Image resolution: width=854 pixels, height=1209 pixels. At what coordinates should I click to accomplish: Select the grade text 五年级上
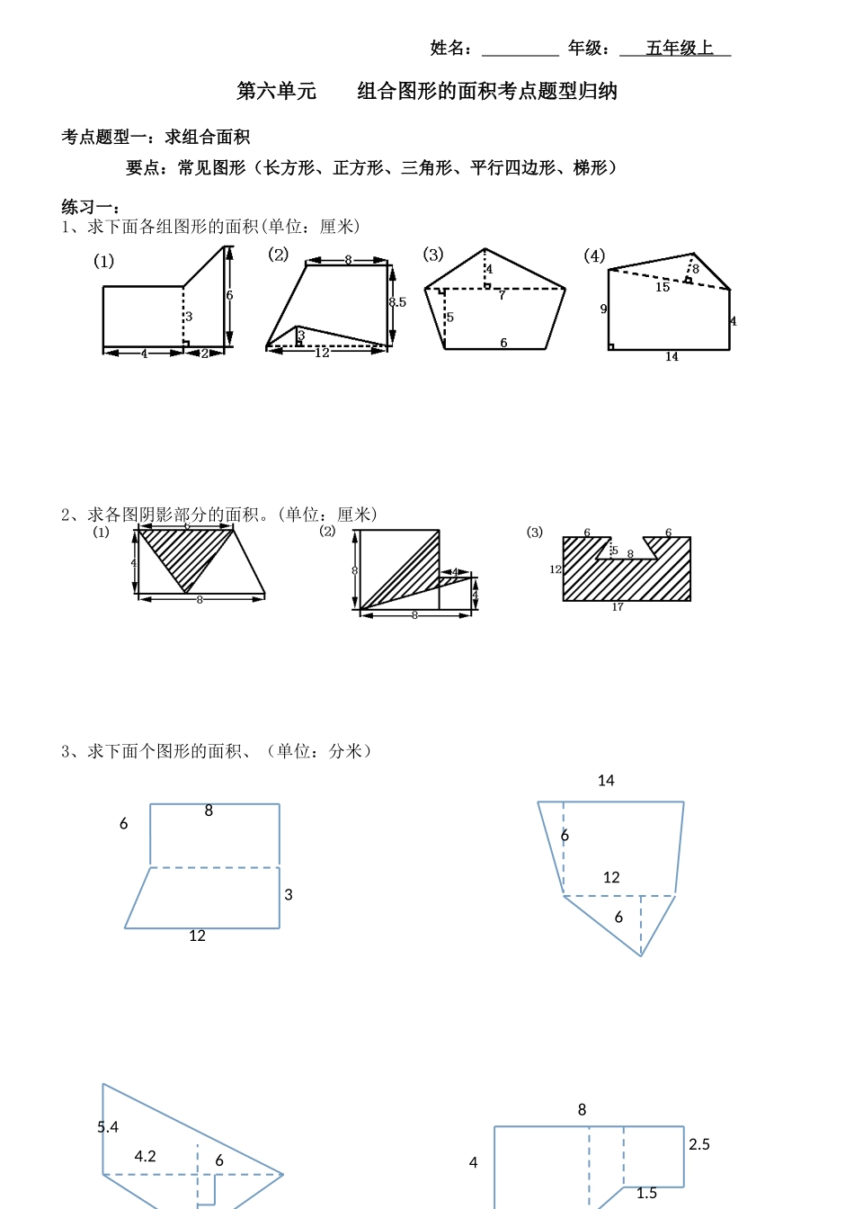pyautogui.click(x=679, y=49)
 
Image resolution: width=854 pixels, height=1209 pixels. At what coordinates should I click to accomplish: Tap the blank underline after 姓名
pyautogui.click(x=520, y=50)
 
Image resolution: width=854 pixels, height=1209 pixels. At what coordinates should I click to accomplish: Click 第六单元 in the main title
pyautogui.click(x=276, y=91)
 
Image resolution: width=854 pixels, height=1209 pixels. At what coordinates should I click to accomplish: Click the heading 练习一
pyautogui.click(x=88, y=207)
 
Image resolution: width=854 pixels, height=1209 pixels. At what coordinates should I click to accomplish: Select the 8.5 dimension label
pyautogui.click(x=397, y=302)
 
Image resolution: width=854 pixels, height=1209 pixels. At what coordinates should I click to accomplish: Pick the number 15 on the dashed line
pyautogui.click(x=663, y=287)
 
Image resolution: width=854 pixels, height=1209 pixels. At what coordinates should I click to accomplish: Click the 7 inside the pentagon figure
pyautogui.click(x=502, y=295)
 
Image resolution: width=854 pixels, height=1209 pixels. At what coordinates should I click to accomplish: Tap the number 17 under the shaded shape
pyautogui.click(x=618, y=607)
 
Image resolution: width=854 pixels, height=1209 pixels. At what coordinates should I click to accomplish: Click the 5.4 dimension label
pyautogui.click(x=108, y=1127)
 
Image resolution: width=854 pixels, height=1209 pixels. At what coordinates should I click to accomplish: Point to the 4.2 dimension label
pyautogui.click(x=145, y=1156)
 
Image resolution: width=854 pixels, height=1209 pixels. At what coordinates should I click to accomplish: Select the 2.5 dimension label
pyautogui.click(x=698, y=1144)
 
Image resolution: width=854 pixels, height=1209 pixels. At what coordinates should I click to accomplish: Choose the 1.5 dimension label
pyautogui.click(x=646, y=1193)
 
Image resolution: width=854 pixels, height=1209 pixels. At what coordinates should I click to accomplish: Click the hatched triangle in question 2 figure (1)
pyautogui.click(x=186, y=551)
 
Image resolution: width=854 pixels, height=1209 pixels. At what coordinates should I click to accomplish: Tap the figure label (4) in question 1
pyautogui.click(x=594, y=255)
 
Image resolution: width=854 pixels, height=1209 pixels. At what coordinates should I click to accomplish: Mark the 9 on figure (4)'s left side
pyautogui.click(x=603, y=309)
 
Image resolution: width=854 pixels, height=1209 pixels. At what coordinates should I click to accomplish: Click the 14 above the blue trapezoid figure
pyautogui.click(x=606, y=781)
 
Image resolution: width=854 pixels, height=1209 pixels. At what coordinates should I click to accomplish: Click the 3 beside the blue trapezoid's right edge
pyautogui.click(x=289, y=894)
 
